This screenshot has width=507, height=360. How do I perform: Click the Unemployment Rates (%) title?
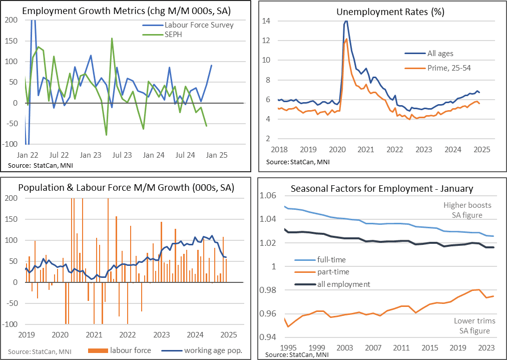384,11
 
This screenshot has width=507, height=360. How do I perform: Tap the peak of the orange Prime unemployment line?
346,39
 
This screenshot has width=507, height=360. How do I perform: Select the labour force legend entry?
130,350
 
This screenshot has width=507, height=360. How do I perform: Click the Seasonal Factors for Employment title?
382,188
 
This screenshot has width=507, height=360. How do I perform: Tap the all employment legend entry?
343,284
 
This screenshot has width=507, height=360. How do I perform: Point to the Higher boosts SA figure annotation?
467,210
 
